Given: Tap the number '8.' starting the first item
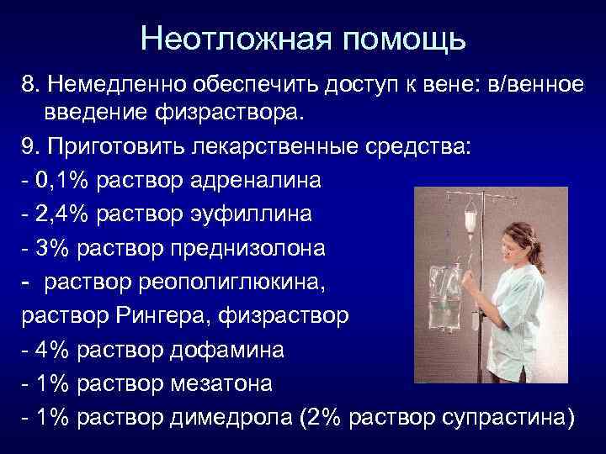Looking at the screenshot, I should point(32,84).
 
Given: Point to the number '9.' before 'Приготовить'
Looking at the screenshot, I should point(32,146).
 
